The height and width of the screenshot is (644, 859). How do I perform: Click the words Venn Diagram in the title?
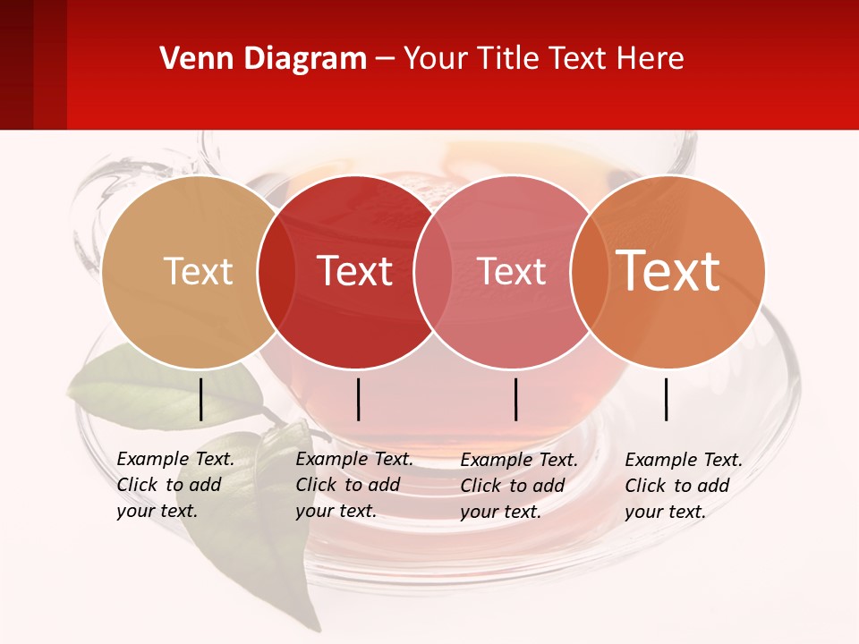(x=263, y=58)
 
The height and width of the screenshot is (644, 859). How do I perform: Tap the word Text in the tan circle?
(x=198, y=271)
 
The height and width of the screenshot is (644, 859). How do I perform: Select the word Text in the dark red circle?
(x=355, y=271)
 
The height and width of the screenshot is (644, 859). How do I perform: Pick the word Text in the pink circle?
(x=512, y=271)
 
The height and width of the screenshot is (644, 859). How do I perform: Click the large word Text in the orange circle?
(x=668, y=270)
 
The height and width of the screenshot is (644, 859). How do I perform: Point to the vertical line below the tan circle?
(x=200, y=399)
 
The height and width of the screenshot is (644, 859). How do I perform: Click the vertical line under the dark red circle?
(x=358, y=399)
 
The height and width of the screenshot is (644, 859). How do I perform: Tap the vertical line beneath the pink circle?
(x=515, y=399)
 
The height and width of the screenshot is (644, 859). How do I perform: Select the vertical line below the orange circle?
(x=667, y=399)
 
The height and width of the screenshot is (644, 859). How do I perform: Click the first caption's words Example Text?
(x=175, y=459)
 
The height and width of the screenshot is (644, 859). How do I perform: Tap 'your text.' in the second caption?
(x=336, y=511)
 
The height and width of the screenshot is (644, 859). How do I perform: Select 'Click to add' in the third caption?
(x=513, y=485)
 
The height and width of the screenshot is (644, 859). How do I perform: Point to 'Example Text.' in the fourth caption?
(x=684, y=460)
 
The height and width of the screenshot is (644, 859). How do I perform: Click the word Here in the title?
(x=655, y=58)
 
